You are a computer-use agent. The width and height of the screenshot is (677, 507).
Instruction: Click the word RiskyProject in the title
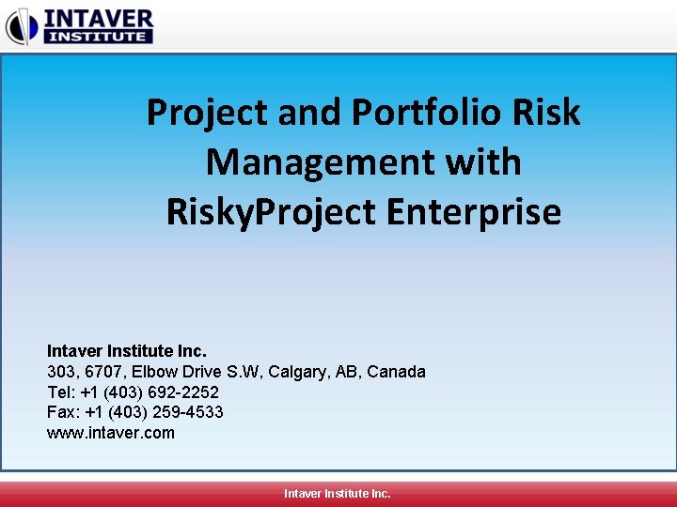click(x=272, y=212)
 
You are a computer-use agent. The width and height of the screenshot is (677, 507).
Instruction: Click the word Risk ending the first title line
click(x=546, y=114)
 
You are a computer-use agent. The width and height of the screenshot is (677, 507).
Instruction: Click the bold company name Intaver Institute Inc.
click(x=127, y=351)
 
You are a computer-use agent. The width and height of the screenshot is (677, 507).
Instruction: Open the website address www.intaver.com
click(x=111, y=434)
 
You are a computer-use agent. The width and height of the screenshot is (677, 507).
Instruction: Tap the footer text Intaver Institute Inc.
click(x=338, y=493)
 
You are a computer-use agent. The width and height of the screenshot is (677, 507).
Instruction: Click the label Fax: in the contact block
click(x=62, y=413)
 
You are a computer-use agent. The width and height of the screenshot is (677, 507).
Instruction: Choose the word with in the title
click(x=483, y=162)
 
